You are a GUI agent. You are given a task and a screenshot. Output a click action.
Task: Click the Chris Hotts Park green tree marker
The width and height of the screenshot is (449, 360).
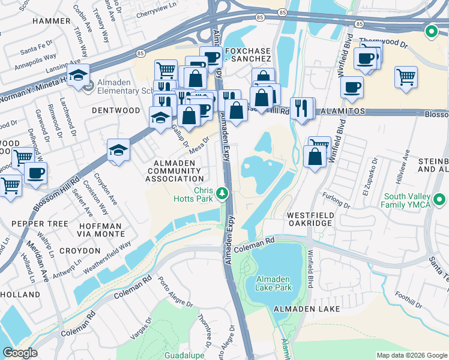pos(223,193)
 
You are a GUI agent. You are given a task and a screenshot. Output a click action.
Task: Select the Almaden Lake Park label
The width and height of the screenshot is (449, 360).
pos(274,284)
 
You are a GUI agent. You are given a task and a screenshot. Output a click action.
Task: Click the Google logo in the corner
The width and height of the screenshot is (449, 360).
pos(19,353)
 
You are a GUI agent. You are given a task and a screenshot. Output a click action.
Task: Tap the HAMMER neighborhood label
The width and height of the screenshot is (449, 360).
pos(51,20)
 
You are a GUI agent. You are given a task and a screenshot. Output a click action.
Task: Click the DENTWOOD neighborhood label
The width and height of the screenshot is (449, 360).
pos(116,111)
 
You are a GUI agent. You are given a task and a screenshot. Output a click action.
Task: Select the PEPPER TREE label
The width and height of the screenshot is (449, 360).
pos(34,223)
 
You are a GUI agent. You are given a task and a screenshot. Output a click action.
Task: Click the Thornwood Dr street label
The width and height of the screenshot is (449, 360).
pos(383,44)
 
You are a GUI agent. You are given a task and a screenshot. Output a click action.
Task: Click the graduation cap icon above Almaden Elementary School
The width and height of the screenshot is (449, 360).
pos(78,76)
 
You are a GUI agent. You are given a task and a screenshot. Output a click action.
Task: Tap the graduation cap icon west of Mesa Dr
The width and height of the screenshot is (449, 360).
pos(119,150)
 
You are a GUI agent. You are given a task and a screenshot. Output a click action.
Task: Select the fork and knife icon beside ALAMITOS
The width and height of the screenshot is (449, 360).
pos(303,109)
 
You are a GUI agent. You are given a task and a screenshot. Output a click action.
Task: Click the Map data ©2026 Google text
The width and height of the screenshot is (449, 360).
pos(411,355)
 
